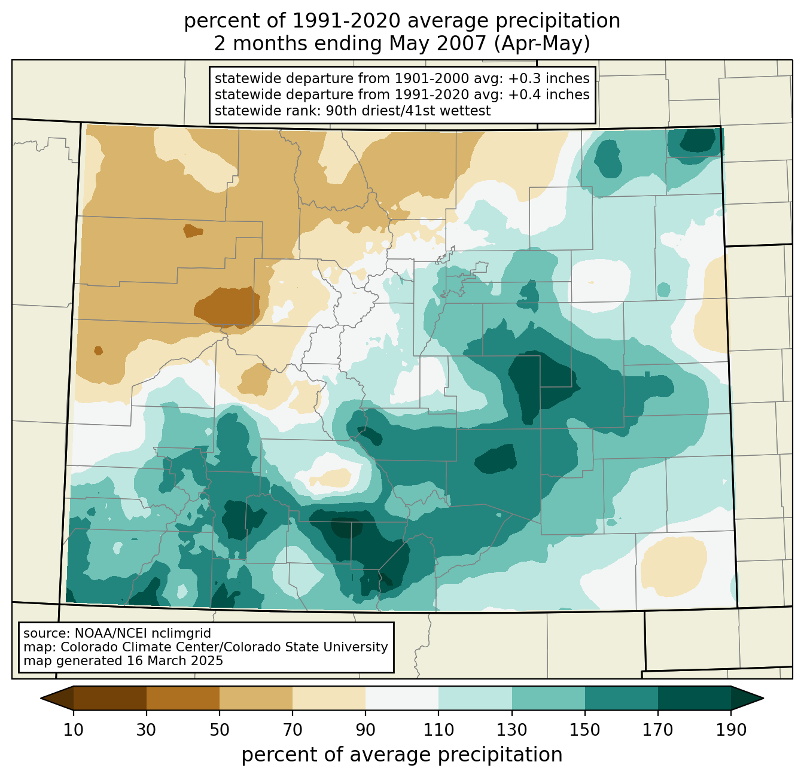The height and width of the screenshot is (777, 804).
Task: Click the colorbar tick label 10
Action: (x=73, y=730)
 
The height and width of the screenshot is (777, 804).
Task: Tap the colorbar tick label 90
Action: (x=366, y=730)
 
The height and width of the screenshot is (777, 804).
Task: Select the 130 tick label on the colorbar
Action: (x=511, y=730)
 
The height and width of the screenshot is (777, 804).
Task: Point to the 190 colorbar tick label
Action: (x=731, y=730)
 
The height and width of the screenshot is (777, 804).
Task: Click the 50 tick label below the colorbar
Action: (x=220, y=730)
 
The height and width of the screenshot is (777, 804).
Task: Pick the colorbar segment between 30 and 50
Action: (x=182, y=698)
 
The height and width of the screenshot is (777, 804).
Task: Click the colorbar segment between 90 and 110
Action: (x=402, y=698)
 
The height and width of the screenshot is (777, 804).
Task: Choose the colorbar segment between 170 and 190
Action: (x=694, y=698)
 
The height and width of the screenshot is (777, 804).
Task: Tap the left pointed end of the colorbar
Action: (x=41, y=698)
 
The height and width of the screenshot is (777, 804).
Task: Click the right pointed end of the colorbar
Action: (x=763, y=698)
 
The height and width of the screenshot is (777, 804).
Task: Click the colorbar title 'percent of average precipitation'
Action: (x=401, y=755)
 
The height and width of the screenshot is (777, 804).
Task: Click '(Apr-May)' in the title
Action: (x=542, y=44)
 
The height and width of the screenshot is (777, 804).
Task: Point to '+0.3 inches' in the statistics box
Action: (x=549, y=78)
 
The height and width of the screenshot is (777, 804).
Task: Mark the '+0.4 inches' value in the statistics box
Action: (x=549, y=95)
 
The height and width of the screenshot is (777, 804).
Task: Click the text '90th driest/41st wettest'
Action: (x=408, y=111)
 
